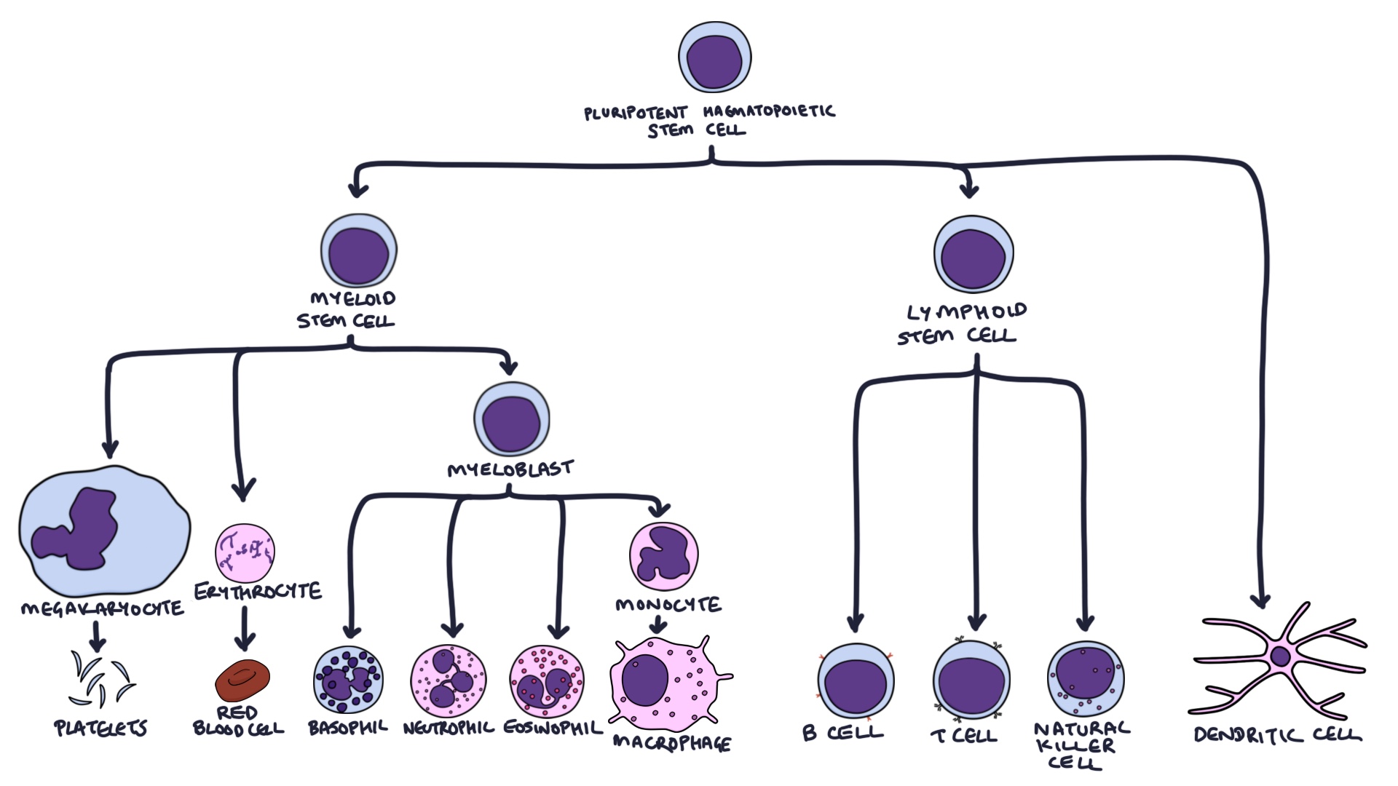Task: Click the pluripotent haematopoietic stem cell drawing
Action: pos(714,57)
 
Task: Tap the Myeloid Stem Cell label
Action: pos(347,310)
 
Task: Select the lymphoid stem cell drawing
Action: pos(974,255)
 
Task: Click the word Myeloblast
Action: pos(510,469)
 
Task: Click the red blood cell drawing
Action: pos(242,680)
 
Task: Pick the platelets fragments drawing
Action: pos(100,679)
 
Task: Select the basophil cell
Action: pos(348,680)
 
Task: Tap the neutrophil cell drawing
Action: pos(449,681)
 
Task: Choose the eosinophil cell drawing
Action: pos(547,681)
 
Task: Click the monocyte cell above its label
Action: pos(663,556)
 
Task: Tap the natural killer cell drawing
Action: pos(1085,678)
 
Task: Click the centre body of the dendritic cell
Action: pos(1280,657)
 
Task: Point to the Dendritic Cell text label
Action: pos(1277,735)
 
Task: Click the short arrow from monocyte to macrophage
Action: pos(657,624)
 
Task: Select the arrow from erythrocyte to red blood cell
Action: pos(245,629)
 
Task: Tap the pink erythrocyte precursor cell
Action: pos(245,552)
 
